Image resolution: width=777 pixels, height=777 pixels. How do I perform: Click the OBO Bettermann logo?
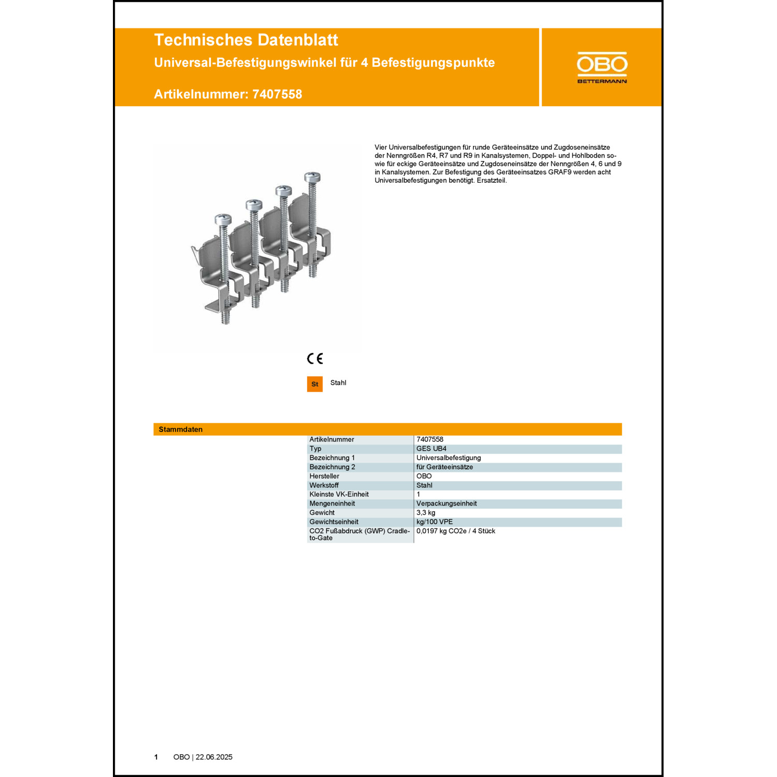click(x=602, y=67)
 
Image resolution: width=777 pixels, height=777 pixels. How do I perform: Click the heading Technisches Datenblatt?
click(x=246, y=40)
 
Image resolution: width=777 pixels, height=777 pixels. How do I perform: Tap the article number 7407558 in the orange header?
click(x=277, y=94)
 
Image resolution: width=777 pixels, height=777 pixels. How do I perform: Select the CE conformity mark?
click(x=315, y=358)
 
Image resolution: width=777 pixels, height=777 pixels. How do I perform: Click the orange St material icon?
click(x=315, y=384)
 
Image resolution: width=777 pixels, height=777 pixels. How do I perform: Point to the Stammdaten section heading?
click(x=181, y=429)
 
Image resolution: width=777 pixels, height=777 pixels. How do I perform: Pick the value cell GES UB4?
click(x=431, y=449)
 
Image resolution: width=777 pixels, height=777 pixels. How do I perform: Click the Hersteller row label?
click(x=324, y=476)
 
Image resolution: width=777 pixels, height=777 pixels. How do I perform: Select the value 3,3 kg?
click(x=426, y=513)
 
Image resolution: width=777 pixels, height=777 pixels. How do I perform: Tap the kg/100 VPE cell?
click(x=435, y=522)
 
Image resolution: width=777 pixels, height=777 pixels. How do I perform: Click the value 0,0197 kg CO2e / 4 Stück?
click(x=456, y=531)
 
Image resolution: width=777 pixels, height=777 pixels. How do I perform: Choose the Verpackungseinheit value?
click(x=447, y=503)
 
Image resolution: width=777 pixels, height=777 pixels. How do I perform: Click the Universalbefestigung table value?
click(x=449, y=458)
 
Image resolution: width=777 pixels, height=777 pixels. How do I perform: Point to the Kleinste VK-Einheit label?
click(x=339, y=494)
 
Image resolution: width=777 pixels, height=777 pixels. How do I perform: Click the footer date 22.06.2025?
click(x=214, y=757)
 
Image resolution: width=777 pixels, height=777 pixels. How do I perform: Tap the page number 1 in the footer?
click(x=156, y=757)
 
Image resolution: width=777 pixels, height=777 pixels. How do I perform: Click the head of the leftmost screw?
click(x=223, y=219)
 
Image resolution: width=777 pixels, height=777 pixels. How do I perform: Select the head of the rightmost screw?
click(x=312, y=177)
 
